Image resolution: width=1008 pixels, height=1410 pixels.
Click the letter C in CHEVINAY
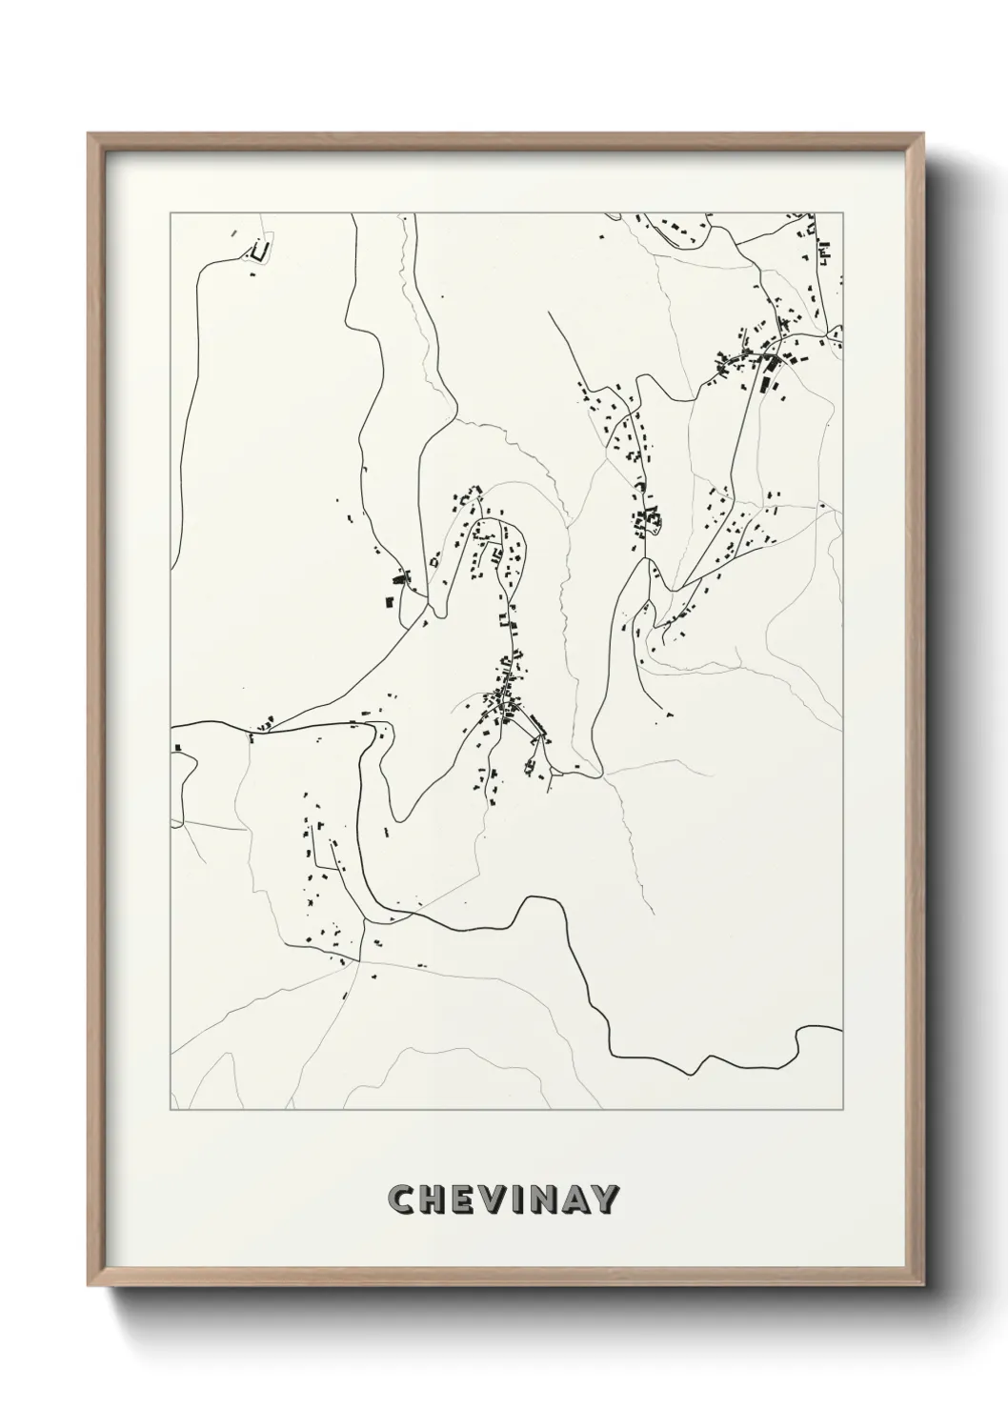pos(402,1199)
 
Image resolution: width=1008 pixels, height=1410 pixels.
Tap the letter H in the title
pos(433,1199)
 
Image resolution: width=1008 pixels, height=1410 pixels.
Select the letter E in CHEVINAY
pos(462,1199)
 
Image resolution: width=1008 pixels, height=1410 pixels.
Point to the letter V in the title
pos(492,1199)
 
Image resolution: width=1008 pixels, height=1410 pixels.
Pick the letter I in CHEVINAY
pos(515,1199)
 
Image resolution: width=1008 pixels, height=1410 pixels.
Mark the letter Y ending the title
pos(605,1199)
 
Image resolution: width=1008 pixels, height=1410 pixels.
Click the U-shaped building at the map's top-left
pos(258,252)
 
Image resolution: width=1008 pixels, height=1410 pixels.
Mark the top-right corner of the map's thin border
pos(843,213)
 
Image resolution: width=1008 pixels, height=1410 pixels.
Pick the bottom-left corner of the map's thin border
pos(171,1110)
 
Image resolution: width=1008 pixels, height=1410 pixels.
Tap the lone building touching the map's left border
pos(176,749)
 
